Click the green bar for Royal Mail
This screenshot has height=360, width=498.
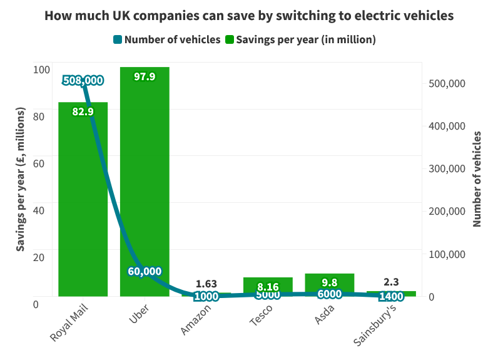83,200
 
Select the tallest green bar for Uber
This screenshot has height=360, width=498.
145,182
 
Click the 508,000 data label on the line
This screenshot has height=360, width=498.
83,80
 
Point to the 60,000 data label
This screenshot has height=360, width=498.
143,271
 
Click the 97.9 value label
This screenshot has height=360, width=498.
145,76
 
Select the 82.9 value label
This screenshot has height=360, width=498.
83,112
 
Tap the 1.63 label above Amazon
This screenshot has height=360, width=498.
206,284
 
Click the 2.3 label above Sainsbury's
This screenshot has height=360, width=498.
391,282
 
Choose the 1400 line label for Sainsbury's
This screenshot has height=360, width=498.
391,296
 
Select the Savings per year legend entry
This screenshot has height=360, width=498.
300,39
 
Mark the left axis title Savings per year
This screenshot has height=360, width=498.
21,179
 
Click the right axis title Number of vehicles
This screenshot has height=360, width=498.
477,179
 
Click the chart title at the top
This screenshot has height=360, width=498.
248,16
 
